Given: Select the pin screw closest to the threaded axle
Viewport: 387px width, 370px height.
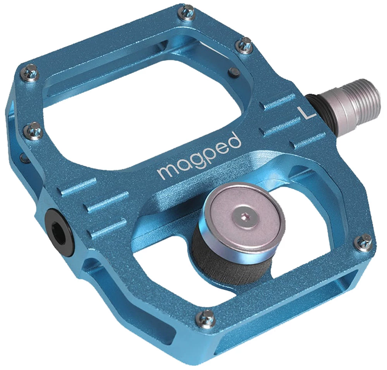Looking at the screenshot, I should point(245,43).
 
